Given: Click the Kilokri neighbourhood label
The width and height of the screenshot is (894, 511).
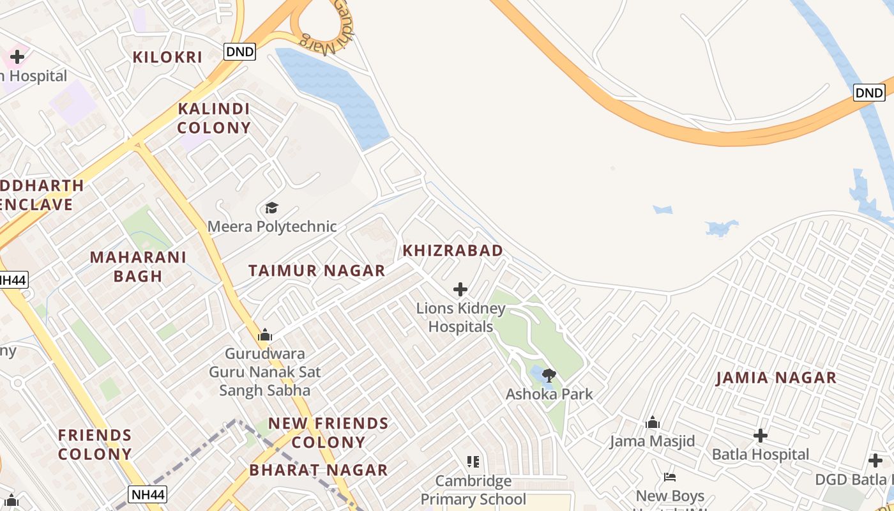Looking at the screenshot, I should pos(167,57).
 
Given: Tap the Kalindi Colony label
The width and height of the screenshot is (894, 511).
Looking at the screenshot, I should pos(214,118).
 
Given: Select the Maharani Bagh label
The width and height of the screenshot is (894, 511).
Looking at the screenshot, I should pos(138,266).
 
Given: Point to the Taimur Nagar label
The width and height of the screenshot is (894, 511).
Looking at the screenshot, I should pos(317,270).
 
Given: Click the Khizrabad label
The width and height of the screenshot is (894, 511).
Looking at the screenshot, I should pos(453,250).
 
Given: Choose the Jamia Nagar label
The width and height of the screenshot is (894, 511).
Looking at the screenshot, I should pos(776,378).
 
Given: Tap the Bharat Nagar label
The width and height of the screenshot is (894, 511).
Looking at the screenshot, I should pos(319,470).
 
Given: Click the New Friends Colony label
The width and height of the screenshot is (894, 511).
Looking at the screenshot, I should pos(328,432).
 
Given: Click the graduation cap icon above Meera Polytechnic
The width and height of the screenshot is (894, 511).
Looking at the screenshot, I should pos(272,208).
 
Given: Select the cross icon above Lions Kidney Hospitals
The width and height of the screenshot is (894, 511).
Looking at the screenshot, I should pos(460,289).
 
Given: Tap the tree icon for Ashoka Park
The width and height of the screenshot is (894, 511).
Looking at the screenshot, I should pos(549,375).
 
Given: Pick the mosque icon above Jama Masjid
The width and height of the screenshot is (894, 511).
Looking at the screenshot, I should pos(652,422).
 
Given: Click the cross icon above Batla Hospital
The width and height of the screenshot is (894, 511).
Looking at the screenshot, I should pos(760,436).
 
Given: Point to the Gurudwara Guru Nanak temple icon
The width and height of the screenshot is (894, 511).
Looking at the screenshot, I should pos(264,335).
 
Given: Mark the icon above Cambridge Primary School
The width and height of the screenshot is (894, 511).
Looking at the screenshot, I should pos(473,461).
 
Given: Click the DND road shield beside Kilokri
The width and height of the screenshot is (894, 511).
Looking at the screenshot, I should pos(239,52).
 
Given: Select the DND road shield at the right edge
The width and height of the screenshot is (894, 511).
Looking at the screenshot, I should pos(869,93).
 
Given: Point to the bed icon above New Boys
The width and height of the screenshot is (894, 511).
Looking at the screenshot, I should pos(670,477).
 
